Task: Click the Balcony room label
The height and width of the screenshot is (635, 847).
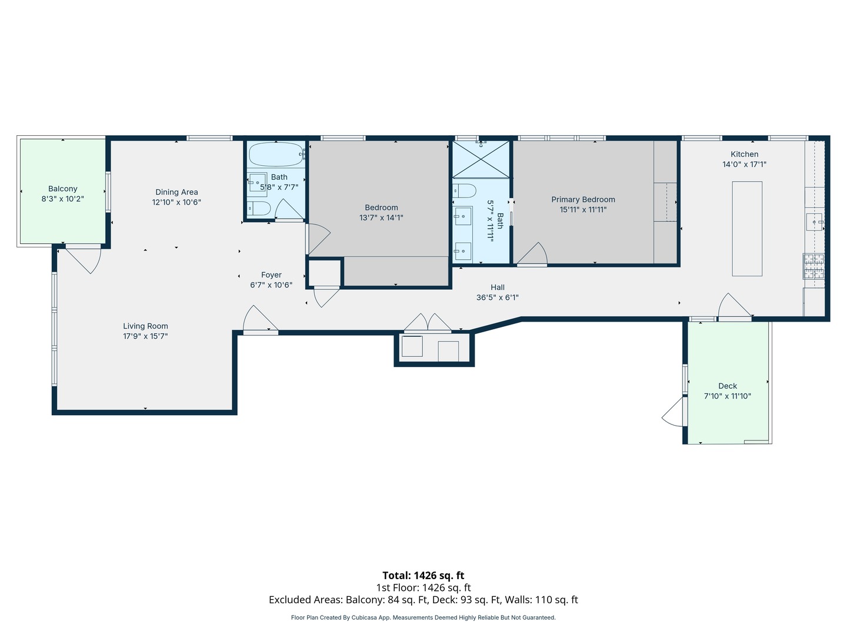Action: (62, 189)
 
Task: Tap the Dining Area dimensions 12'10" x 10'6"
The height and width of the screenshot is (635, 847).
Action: (176, 202)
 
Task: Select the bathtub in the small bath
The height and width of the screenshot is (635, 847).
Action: (275, 154)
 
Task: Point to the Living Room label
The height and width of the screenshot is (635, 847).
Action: (145, 326)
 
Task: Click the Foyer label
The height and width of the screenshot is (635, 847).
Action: (271, 275)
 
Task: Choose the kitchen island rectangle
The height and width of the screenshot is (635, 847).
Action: (747, 229)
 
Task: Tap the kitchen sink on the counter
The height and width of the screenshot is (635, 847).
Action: (814, 222)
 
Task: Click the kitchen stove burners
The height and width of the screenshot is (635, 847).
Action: (813, 266)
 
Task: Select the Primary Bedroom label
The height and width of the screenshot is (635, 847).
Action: (583, 199)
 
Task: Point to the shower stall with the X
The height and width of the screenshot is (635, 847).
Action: (481, 159)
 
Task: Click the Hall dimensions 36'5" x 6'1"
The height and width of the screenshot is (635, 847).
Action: (498, 298)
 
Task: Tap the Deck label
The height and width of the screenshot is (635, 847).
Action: (728, 386)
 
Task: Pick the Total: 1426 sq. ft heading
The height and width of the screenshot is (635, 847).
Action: (423, 576)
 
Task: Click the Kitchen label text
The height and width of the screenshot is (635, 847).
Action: (744, 154)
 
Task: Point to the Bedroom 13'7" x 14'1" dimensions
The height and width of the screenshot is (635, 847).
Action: (381, 218)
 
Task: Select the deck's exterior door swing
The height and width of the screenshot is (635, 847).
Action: (673, 412)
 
